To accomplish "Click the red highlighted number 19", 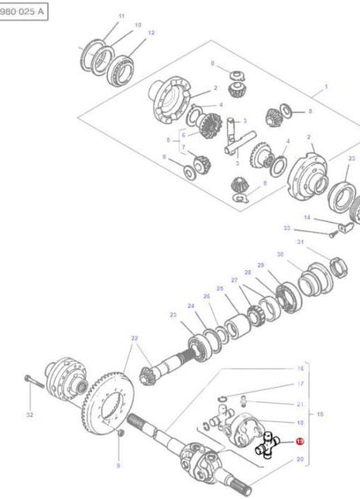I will (300, 442).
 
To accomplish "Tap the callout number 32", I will (29, 415).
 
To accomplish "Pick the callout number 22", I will (134, 338).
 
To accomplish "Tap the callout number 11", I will (121, 15).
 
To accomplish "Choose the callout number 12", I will (151, 32).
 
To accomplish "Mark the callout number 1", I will (326, 87).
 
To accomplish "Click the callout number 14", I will (307, 217).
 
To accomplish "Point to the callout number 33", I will (286, 228).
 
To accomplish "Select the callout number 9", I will (118, 465).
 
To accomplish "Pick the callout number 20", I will (300, 460).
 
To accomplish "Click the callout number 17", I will (300, 384).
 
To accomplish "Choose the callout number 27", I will (234, 280).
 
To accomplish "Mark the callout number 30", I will (279, 255).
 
